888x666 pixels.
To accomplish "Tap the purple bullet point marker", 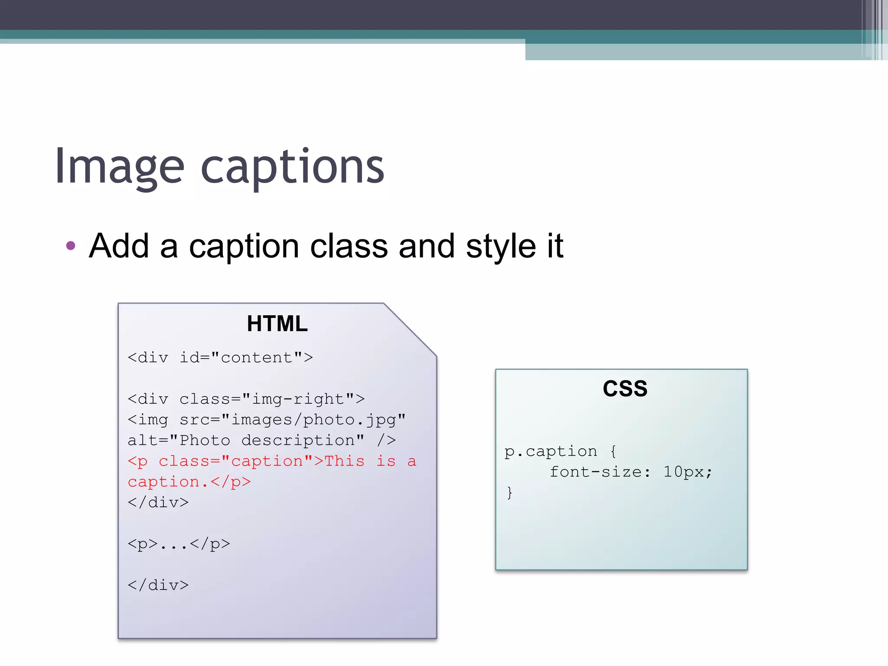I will pos(71,246).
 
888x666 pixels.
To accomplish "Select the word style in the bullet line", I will pos(501,246).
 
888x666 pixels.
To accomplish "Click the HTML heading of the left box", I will pos(277,323).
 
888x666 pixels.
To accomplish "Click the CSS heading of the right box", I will pos(625,388).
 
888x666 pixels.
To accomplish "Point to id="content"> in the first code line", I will pos(246,358).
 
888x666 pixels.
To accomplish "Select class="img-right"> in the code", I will pos(272,399).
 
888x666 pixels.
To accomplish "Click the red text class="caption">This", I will pos(261,461).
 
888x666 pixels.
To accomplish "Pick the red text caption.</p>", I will pos(189,482).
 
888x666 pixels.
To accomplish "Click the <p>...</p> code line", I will pos(179,544).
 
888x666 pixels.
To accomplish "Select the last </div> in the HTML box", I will pos(158,585).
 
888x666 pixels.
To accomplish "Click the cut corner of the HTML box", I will pos(410,330).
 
